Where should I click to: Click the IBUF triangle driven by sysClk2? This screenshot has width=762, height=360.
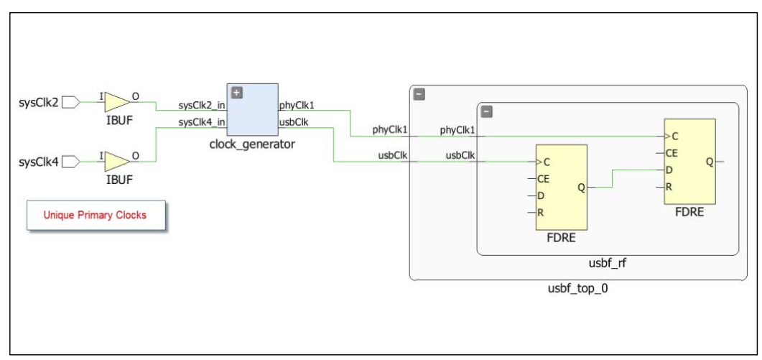click(116, 101)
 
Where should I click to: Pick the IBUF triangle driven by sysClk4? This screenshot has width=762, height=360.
click(116, 162)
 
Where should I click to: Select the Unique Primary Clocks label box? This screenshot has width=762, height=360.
click(96, 215)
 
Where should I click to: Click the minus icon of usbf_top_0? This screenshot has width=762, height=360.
click(419, 94)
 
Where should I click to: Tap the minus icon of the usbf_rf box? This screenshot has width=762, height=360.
click(486, 111)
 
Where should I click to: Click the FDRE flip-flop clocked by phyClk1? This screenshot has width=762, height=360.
click(689, 162)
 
